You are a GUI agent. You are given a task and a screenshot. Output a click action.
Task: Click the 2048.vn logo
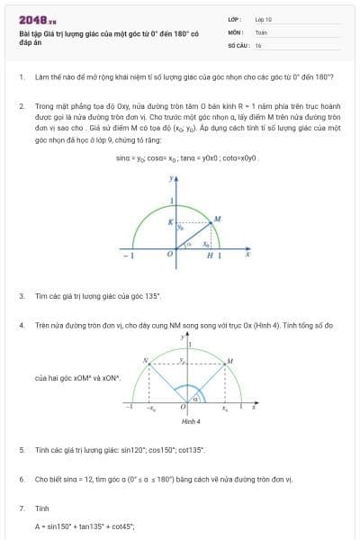tap(37, 20)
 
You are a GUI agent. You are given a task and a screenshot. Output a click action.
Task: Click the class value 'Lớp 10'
tap(263, 18)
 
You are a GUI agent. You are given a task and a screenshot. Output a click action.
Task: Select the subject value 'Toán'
tap(261, 31)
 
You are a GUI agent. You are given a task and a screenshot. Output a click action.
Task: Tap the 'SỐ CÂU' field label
tap(238, 44)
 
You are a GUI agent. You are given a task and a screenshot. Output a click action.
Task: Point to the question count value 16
tap(258, 44)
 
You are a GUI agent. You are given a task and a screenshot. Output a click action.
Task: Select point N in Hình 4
tap(144, 360)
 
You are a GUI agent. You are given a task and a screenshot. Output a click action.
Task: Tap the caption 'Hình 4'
tap(191, 421)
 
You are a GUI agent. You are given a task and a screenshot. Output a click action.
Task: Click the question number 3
tap(22, 295)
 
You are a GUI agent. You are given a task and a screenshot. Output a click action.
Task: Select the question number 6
tap(22, 480)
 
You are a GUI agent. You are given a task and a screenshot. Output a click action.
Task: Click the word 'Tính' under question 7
tap(41, 508)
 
